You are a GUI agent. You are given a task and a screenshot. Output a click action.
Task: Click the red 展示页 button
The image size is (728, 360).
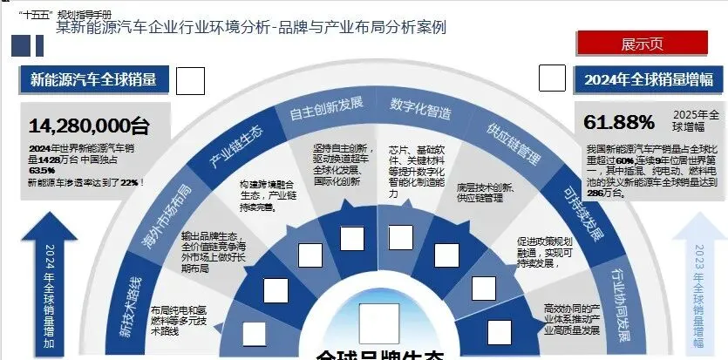click(642, 44)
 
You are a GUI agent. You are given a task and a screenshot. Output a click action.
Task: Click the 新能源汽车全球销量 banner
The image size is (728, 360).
click(93, 79)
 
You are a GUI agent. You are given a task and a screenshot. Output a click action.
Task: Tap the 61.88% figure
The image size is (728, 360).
click(619, 121)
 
